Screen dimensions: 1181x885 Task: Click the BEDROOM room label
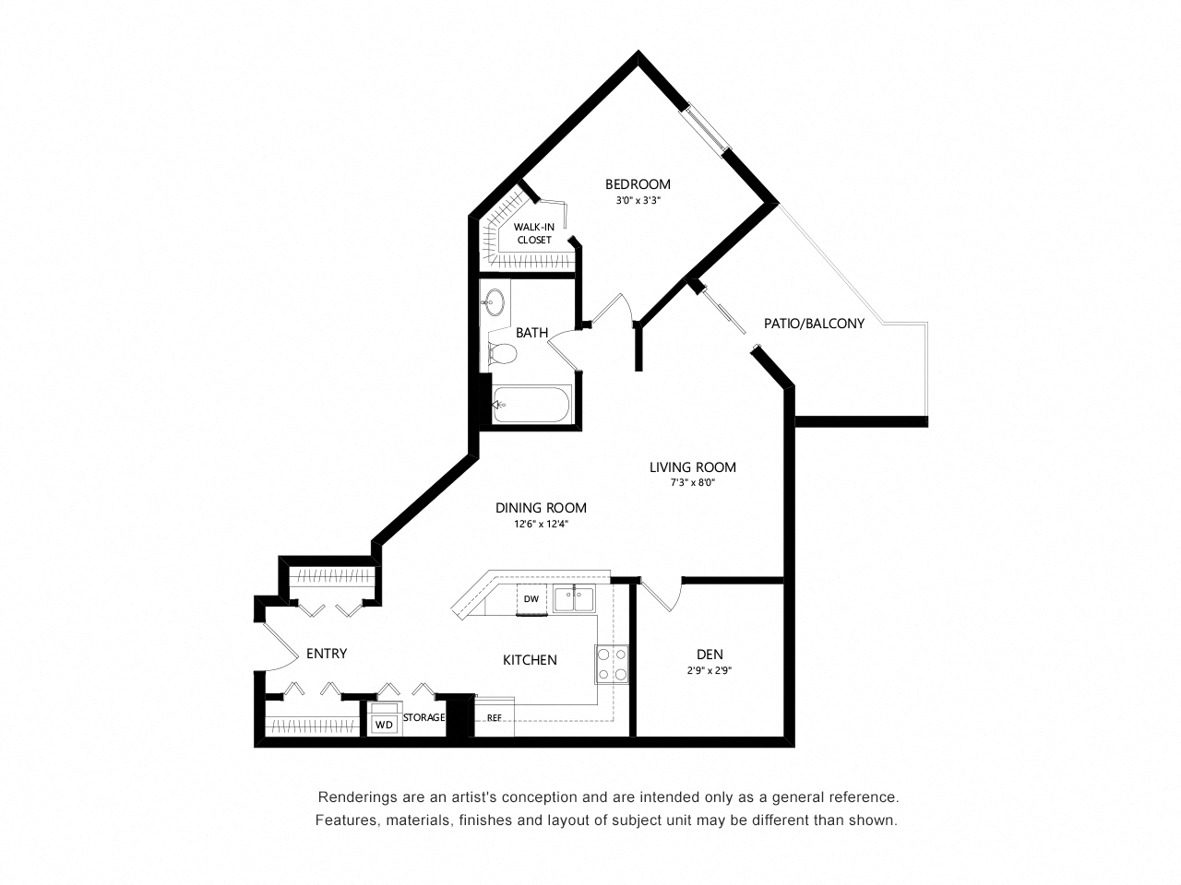[x=638, y=184]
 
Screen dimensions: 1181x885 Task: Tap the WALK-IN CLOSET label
[x=533, y=234]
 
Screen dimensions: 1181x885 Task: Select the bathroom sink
[x=495, y=302]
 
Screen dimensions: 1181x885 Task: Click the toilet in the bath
[x=501, y=353]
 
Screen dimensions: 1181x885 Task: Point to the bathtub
[x=531, y=404]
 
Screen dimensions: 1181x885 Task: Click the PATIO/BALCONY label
[x=814, y=324]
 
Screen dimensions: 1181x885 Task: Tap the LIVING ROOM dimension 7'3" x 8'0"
[x=693, y=482]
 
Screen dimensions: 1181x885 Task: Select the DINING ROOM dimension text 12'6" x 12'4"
[x=542, y=524]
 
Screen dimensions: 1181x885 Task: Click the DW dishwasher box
[x=531, y=598]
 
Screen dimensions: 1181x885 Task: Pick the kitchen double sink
[x=575, y=598]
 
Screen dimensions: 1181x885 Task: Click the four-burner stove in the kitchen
[x=612, y=664]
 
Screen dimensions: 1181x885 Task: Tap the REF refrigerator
[x=495, y=717]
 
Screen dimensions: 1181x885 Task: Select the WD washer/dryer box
[x=384, y=724]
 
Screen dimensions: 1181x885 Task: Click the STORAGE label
[x=424, y=717]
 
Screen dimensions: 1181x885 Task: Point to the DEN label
[x=710, y=654]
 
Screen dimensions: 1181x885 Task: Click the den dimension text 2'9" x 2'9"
[x=710, y=670]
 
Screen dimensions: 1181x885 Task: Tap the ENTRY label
[x=327, y=654]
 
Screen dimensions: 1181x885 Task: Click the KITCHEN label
[x=530, y=660]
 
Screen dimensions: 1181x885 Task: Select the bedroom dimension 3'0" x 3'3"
[x=638, y=200]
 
